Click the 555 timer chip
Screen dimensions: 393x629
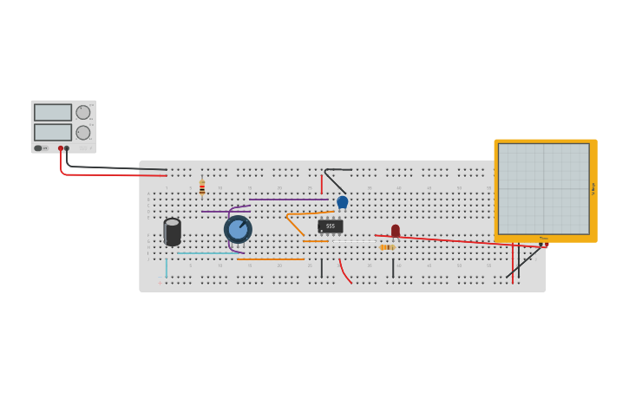[x=331, y=226]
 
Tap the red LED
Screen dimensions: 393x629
[x=396, y=231]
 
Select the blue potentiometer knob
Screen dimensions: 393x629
[x=238, y=230]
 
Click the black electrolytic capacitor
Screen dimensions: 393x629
[x=173, y=232]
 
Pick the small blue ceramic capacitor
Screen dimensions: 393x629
[x=343, y=202]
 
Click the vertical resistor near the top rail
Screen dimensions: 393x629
[x=202, y=188]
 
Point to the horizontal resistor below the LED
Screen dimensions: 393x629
[x=387, y=247]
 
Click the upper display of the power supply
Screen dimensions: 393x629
[x=53, y=112]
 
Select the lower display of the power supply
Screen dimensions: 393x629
[x=53, y=132]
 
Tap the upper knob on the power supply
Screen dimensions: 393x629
[x=83, y=112]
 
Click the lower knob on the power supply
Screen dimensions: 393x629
[x=83, y=133]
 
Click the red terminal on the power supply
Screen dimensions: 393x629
[x=61, y=148]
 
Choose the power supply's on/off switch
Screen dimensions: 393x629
[x=38, y=148]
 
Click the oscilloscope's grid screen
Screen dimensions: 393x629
[x=543, y=188]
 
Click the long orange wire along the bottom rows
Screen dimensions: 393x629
[x=271, y=259]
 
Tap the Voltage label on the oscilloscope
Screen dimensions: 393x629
[x=593, y=188]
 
